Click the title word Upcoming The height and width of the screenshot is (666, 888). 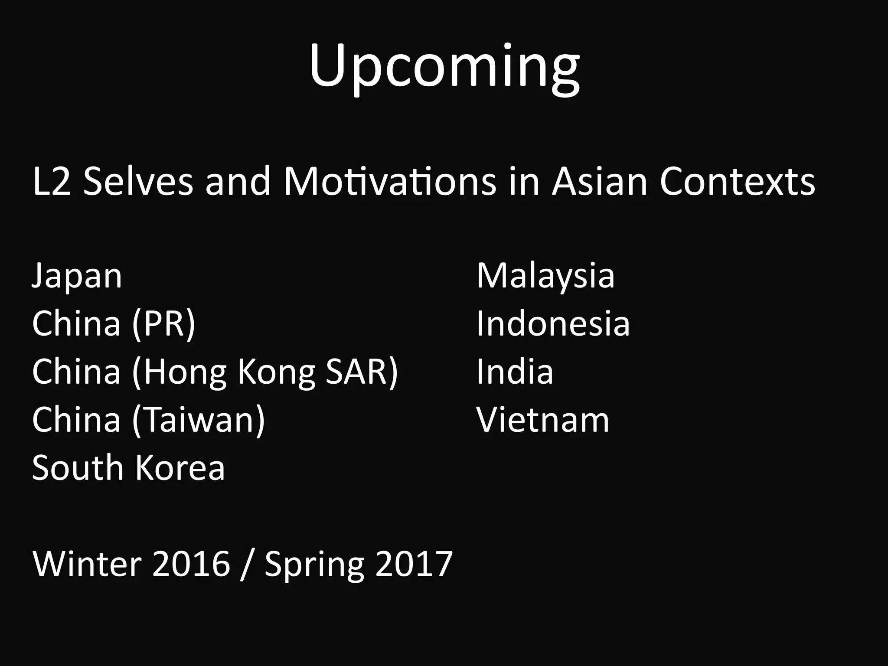click(x=444, y=67)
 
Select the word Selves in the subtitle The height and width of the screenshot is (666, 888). click(x=138, y=181)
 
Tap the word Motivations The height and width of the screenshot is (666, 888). click(x=389, y=181)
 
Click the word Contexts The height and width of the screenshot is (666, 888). click(x=737, y=181)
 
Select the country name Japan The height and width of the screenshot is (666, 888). click(x=77, y=277)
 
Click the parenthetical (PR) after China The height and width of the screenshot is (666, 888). click(x=164, y=324)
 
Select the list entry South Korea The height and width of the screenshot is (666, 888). click(x=128, y=468)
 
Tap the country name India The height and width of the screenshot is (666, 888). click(x=515, y=372)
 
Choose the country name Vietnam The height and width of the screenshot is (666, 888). click(x=543, y=420)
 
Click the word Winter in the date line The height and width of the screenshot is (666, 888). click(x=87, y=564)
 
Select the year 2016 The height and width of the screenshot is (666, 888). click(x=191, y=564)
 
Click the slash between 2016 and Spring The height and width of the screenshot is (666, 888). click(x=246, y=564)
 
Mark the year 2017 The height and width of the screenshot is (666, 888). click(x=414, y=564)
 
